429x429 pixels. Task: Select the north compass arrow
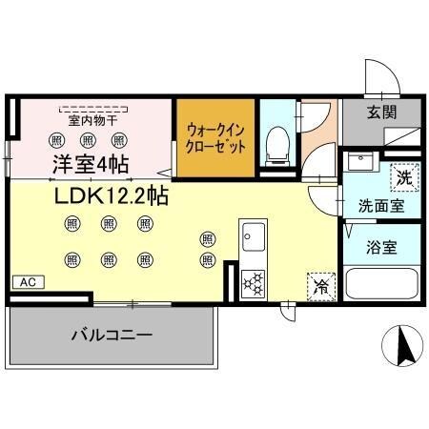click(x=404, y=344)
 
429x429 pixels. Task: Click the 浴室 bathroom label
click(x=382, y=247)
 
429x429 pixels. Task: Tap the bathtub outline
click(x=382, y=284)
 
